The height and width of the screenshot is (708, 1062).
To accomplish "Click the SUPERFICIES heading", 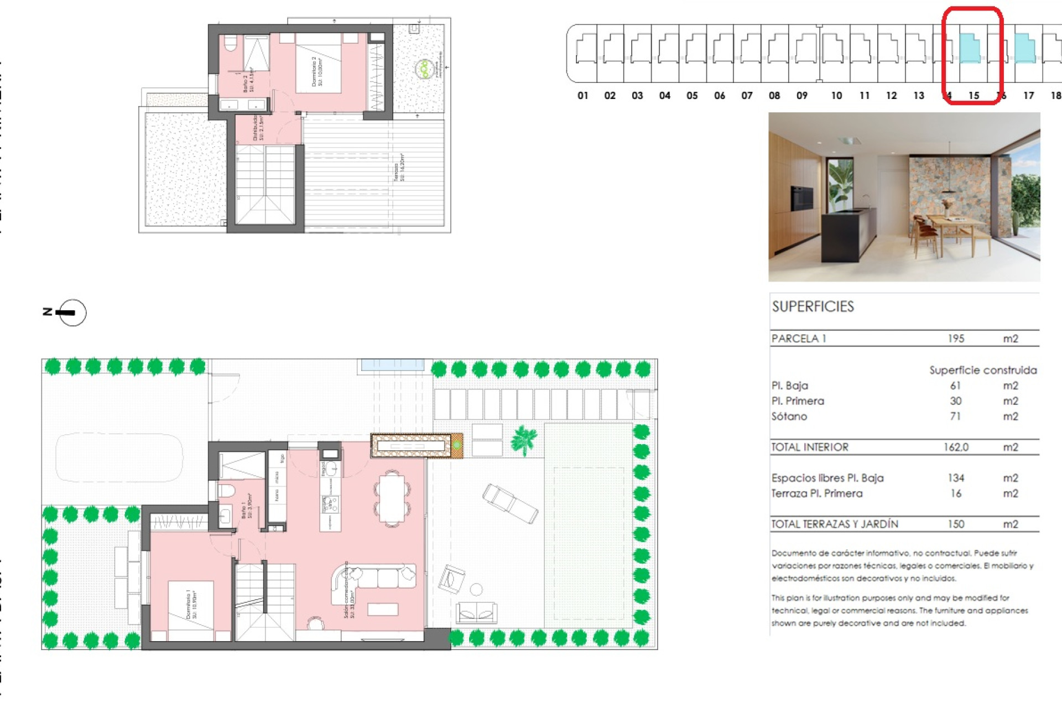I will point(813,306).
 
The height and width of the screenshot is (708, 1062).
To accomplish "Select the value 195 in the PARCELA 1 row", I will point(956,339).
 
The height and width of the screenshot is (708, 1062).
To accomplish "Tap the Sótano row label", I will point(789,417).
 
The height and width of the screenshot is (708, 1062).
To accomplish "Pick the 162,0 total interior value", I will point(956,447).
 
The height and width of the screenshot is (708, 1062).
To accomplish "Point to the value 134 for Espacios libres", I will point(956,478).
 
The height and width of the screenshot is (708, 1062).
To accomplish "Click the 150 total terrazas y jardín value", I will point(956,524).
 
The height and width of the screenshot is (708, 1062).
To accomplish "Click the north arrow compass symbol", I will point(72,313).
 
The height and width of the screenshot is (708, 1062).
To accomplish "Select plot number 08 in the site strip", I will point(774,96).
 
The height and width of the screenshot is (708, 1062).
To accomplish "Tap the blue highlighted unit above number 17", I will point(1025,49).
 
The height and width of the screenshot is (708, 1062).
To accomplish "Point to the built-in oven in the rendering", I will point(802,198).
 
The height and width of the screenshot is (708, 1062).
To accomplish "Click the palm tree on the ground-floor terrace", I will point(523,440).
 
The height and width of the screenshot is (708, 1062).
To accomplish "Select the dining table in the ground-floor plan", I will point(392,498).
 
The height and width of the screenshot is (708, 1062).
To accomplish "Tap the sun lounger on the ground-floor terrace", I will point(509,503).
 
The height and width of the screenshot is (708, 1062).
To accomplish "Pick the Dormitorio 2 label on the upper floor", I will point(317,71).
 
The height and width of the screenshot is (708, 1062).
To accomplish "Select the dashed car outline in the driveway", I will point(119,457).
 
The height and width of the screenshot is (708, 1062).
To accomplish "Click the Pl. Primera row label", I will point(798,401).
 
